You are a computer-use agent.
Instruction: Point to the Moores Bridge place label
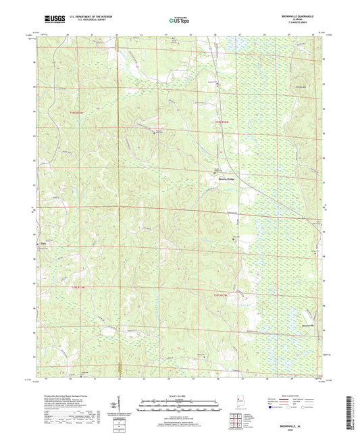tap(217, 178)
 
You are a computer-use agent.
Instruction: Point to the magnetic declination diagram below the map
tap(123, 407)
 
